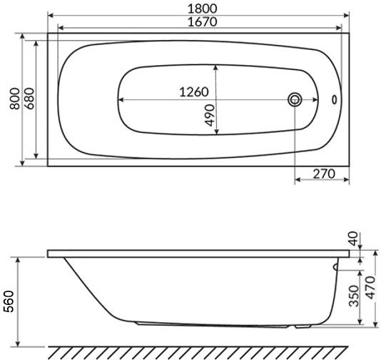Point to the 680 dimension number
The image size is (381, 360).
[x=29, y=99]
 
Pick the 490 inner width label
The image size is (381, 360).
[x=210, y=114]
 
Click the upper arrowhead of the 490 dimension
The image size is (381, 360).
[x=217, y=66]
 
